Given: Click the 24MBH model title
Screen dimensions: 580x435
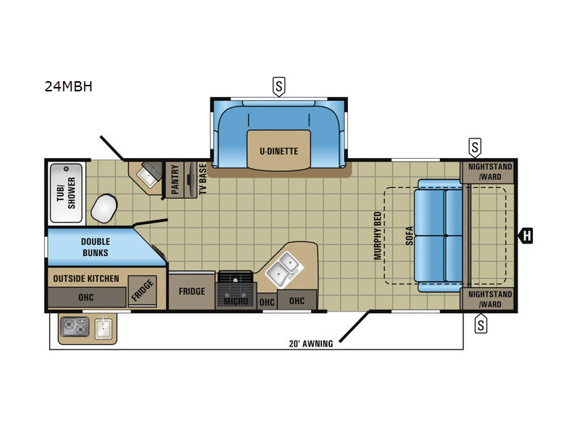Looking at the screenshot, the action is pos(68,86).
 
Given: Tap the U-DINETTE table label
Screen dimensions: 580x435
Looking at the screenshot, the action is pos(278,151).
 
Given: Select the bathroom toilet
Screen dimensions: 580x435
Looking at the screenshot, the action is pos(104,208).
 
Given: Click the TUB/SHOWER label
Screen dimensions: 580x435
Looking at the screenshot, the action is pos(66,193).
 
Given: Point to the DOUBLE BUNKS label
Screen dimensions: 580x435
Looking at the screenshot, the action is pos(96,247).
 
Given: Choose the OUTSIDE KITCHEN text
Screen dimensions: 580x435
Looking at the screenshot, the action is pos(86,278).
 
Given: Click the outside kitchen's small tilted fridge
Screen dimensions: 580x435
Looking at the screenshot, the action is pos(142,291).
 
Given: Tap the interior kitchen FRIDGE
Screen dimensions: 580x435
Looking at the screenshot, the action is pos(191,291).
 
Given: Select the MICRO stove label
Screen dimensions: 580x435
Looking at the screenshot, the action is pos(236,301).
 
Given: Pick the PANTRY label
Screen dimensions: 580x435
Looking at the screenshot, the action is pos(175,179).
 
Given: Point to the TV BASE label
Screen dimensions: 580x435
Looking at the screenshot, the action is pos(203,179).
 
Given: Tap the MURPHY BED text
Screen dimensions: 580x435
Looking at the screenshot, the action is pos(378,236).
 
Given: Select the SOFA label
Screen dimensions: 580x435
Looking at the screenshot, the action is pos(410,236).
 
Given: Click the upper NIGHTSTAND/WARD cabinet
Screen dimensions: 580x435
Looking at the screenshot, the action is pos(487,172).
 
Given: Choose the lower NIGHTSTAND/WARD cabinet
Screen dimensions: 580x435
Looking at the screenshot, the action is pos(487,299).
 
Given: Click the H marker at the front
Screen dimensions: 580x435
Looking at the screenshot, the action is pos(526,236).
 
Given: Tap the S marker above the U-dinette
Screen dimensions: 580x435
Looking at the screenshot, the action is pos(279,86).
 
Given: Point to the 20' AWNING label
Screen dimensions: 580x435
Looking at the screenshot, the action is pos(311,344).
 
